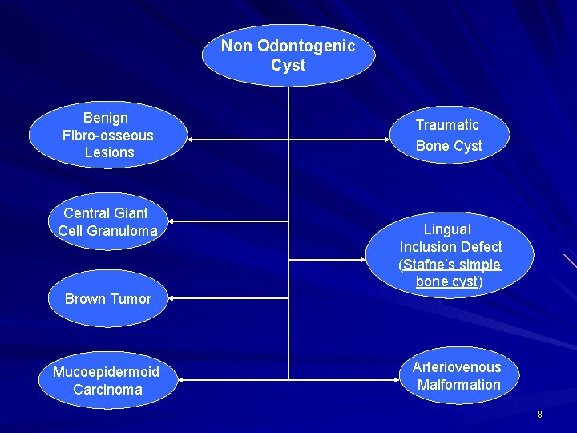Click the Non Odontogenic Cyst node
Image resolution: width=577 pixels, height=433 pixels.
pos(288,55)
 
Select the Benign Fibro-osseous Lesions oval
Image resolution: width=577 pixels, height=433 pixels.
pos(107,135)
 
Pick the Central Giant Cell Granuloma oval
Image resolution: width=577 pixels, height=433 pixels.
pos(107,222)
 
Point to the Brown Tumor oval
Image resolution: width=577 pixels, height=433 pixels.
pos(108,299)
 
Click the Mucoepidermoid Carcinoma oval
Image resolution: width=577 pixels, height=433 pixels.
pos(106,381)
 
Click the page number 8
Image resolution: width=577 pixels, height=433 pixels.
pos(539,415)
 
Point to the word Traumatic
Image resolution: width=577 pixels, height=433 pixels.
pos(446,125)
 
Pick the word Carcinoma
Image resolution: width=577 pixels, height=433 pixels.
pos(107,390)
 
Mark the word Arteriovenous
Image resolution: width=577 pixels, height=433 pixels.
pos(457,367)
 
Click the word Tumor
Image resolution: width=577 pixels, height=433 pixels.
pos(130,299)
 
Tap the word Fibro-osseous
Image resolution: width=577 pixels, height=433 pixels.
pos(107,135)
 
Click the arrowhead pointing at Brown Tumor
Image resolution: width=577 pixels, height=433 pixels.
pos(171,297)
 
